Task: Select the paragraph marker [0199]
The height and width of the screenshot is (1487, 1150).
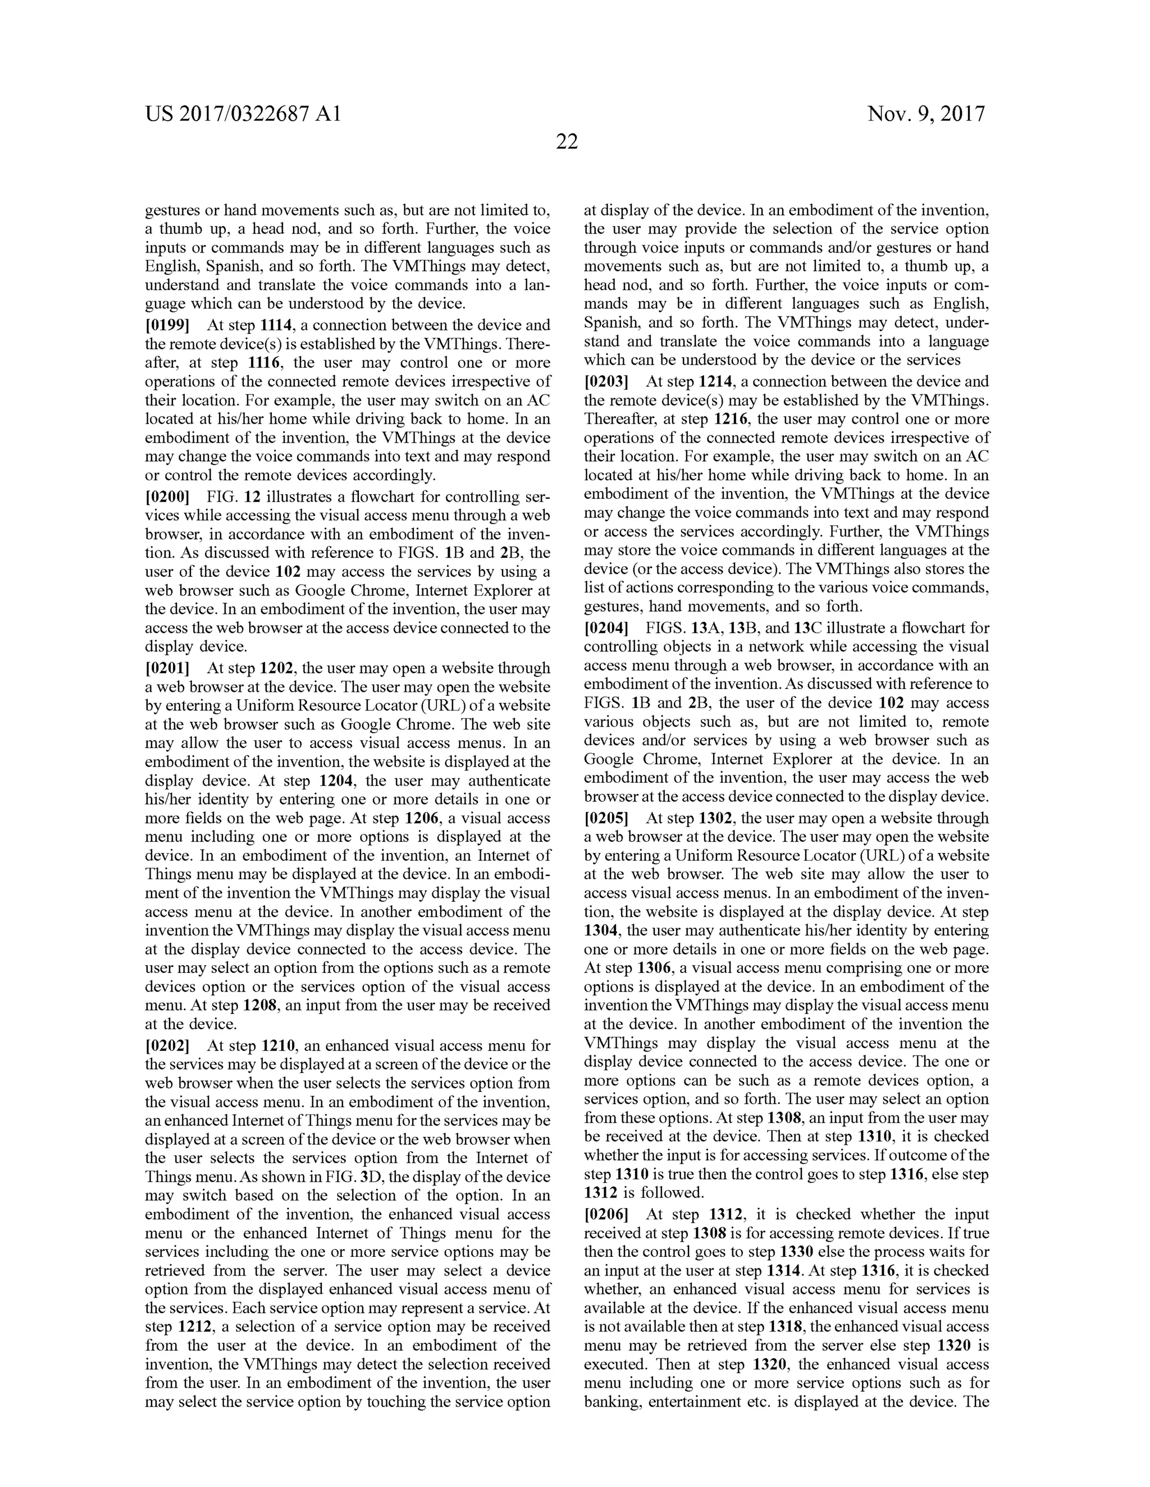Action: pos(167,325)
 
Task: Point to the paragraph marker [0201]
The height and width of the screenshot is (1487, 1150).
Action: pos(167,669)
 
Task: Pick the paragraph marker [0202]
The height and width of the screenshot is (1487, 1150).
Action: pos(167,1045)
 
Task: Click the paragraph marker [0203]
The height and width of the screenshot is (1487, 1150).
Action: pos(606,382)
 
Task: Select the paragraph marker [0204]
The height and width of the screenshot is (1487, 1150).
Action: pos(606,628)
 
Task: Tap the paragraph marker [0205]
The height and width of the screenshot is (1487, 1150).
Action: pos(606,818)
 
